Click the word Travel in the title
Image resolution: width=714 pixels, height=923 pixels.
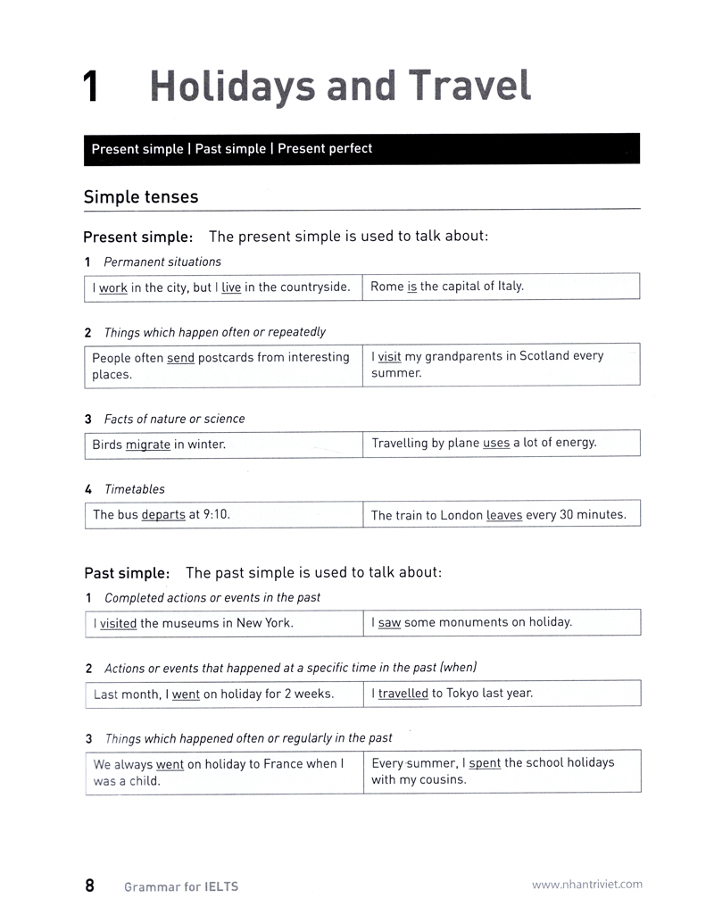[x=471, y=86]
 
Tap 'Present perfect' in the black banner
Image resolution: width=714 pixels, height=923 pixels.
[x=325, y=149]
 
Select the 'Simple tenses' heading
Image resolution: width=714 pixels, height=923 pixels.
[x=141, y=197]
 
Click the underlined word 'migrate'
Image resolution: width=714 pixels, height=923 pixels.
[x=147, y=445]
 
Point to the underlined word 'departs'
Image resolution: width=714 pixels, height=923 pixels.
[x=163, y=515]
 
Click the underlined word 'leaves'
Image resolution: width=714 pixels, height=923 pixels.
[x=504, y=516]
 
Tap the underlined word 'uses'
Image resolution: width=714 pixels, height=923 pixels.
[x=495, y=443]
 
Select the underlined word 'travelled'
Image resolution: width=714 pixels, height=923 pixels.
[x=403, y=694]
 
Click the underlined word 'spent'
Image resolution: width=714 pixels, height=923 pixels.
[x=485, y=763]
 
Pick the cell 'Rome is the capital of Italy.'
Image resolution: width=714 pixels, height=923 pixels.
[x=447, y=287]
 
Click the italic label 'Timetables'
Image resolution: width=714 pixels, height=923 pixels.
[x=134, y=489]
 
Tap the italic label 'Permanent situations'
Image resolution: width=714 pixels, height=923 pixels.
[x=162, y=262]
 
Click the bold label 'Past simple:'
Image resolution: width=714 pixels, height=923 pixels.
[x=126, y=573]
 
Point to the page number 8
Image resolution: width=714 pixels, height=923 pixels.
[x=90, y=886]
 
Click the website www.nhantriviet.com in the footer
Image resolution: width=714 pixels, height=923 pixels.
[x=586, y=885]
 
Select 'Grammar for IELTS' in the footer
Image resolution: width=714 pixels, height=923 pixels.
[x=181, y=887]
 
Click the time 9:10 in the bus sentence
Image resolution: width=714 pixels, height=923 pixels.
[x=215, y=515]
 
